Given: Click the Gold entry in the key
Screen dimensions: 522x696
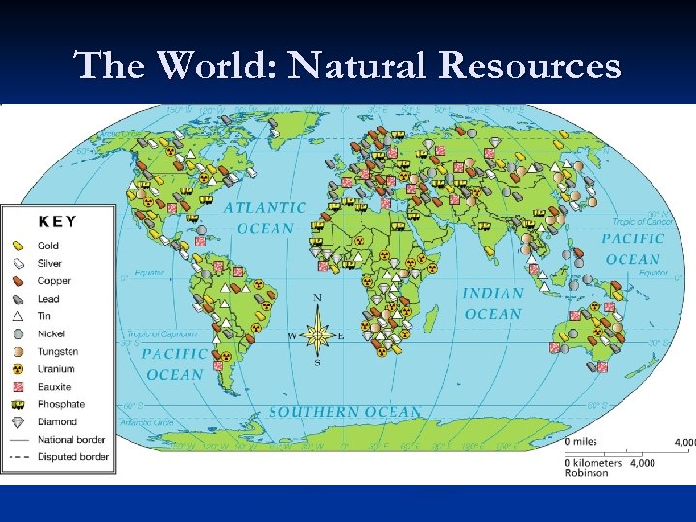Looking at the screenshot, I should click(48, 246).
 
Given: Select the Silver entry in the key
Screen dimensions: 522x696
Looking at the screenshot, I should click(49, 263).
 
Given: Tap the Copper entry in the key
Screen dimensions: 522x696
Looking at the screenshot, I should click(53, 281).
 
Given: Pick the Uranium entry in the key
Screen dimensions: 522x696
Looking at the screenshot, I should click(55, 369).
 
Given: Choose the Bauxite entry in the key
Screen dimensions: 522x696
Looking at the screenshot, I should click(53, 387).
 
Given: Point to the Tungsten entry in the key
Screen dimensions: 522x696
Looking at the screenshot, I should click(58, 352).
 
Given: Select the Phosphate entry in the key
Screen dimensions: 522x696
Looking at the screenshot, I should click(61, 404).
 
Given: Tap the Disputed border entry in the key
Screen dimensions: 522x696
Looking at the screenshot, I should click(72, 457).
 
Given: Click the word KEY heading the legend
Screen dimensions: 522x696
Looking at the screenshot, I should click(57, 221).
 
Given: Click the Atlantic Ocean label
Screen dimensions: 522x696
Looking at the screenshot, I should click(265, 217).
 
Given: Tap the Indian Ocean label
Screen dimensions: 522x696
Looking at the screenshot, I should click(493, 304).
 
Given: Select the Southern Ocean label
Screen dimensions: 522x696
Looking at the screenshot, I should click(345, 412).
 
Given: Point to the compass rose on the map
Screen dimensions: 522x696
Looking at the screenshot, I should click(317, 334).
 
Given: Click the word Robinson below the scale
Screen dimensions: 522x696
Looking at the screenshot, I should click(588, 473).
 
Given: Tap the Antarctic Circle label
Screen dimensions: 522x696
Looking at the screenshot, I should click(146, 422).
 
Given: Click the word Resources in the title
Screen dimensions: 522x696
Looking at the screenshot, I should click(529, 66).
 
